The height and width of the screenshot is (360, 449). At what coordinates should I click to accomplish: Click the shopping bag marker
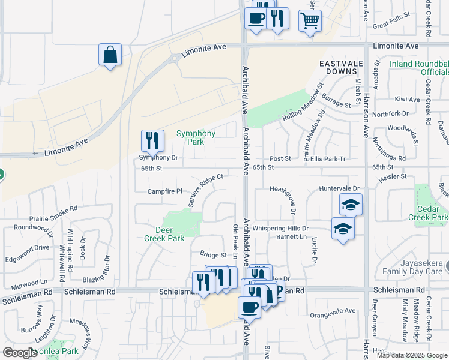click(x=110, y=55)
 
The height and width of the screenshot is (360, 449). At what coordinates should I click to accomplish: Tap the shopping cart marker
click(x=310, y=21)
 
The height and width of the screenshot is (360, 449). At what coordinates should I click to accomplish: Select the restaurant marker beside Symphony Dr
click(x=152, y=142)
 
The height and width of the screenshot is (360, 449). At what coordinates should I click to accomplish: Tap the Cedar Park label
click(x=432, y=213)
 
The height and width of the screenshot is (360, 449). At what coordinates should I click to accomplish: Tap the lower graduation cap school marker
click(x=343, y=229)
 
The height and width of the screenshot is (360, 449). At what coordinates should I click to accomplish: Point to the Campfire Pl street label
click(x=164, y=191)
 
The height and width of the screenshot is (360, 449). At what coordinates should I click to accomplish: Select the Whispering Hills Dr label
click(x=280, y=229)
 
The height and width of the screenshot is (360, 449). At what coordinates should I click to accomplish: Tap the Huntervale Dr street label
click(x=339, y=188)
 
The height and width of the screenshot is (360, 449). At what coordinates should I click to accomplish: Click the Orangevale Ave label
click(x=333, y=311)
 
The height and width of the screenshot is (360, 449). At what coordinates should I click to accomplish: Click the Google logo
click(x=20, y=353)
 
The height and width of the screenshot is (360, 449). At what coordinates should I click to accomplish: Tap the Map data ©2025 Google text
click(x=411, y=355)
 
